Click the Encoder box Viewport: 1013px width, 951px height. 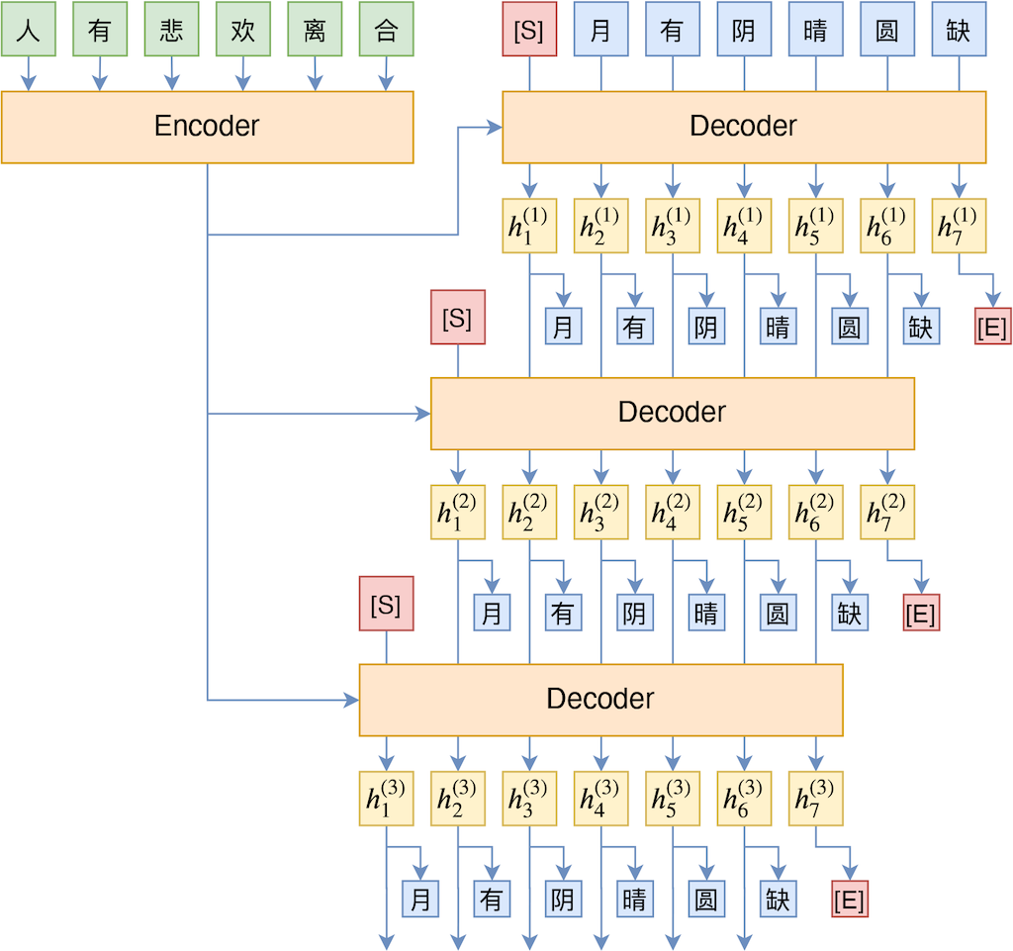(x=207, y=127)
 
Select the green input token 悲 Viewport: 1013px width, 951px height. (x=171, y=30)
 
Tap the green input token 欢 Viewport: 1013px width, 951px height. (x=243, y=30)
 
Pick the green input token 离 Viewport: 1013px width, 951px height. (x=315, y=30)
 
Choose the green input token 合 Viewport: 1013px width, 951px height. (x=386, y=30)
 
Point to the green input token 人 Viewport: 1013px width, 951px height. (x=28, y=30)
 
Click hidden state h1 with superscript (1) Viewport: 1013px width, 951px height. (x=529, y=226)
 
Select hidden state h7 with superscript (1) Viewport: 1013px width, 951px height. (x=959, y=226)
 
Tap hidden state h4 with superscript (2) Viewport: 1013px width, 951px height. (x=673, y=512)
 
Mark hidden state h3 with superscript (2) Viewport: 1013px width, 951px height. (x=600, y=512)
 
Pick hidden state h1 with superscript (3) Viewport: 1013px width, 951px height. (x=386, y=799)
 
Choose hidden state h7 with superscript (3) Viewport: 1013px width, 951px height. (x=815, y=799)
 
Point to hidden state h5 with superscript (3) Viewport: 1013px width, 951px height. (x=673, y=799)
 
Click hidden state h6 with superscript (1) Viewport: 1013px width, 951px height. (x=887, y=226)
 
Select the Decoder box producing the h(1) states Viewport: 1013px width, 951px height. (x=744, y=127)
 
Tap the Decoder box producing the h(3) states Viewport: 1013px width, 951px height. (x=600, y=700)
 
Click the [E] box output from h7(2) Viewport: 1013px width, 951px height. (x=921, y=614)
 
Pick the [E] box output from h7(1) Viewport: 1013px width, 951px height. (x=992, y=328)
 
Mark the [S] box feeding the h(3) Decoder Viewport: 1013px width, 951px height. (x=386, y=604)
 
